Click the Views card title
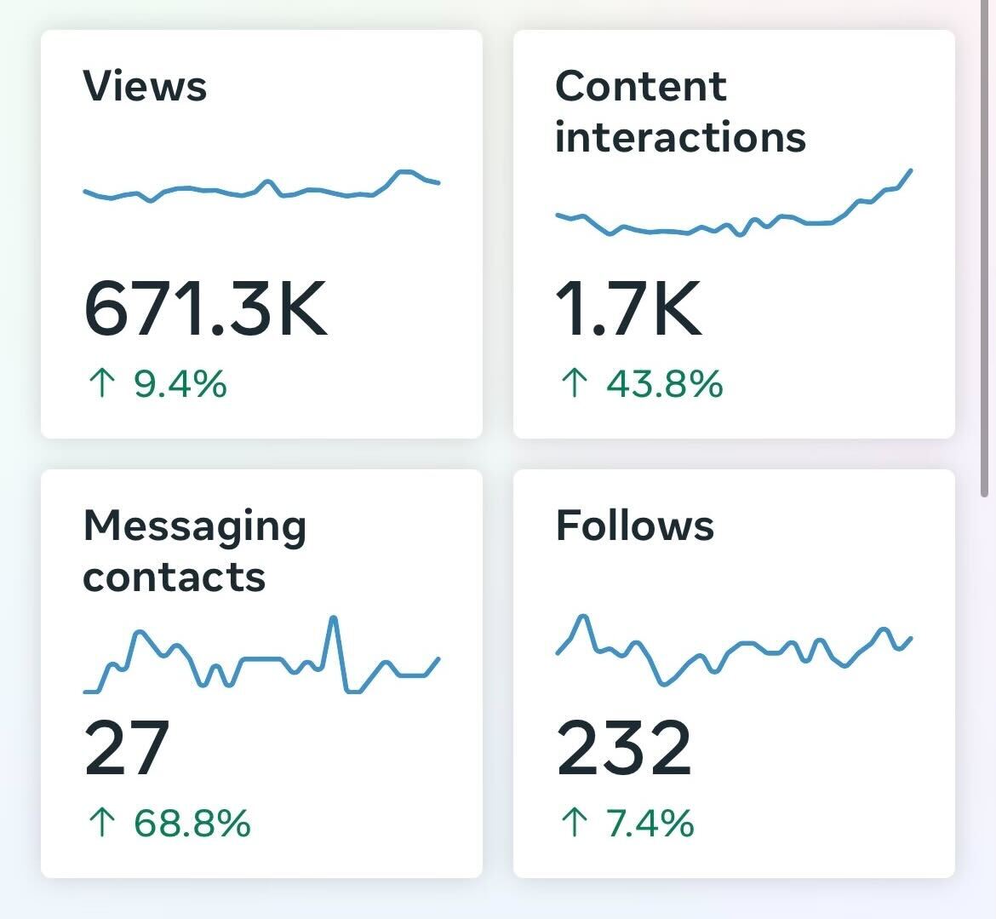tap(145, 87)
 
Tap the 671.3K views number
tap(205, 310)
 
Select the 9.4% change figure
tap(180, 384)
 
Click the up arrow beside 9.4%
tap(101, 384)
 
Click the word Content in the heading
tap(640, 87)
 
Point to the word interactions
tap(679, 138)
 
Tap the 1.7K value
tap(628, 310)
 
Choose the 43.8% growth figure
tap(665, 384)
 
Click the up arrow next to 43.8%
tap(575, 384)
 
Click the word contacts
tap(175, 577)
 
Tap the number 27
tap(127, 749)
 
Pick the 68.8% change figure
tap(192, 824)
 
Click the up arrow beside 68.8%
tap(101, 824)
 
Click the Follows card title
tap(634, 526)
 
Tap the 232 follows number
tap(624, 749)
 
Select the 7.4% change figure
tap(650, 824)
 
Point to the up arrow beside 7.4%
tap(575, 824)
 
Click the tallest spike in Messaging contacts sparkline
tap(334, 617)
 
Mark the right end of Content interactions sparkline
tap(911, 170)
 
